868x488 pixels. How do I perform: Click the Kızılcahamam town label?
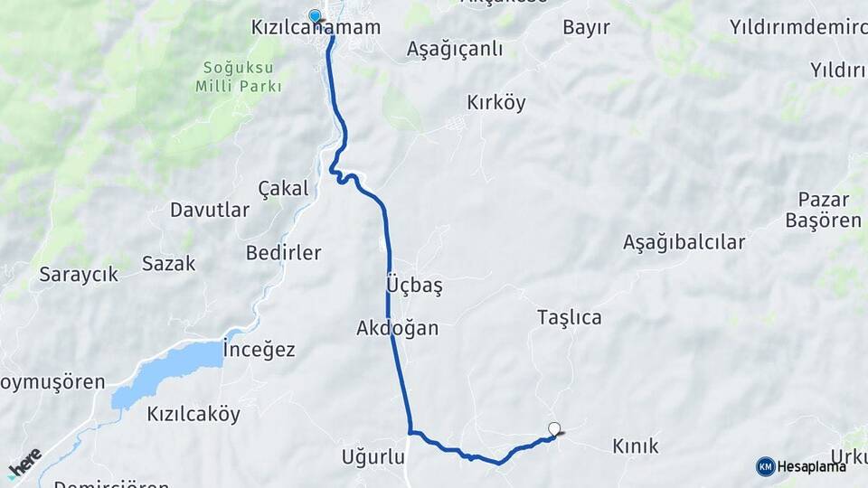(315, 28)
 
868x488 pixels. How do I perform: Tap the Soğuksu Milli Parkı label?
(239, 77)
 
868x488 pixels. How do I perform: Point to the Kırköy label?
(495, 103)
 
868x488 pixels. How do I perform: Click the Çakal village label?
(283, 189)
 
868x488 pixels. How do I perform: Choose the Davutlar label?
(210, 211)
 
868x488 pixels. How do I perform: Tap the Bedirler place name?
(283, 253)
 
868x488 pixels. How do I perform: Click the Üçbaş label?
(414, 286)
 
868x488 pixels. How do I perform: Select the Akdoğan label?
(397, 328)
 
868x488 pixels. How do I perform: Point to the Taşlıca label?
(569, 317)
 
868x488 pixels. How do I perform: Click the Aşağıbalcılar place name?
(684, 242)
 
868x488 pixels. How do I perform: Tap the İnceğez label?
(259, 350)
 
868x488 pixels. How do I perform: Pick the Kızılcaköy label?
(193, 415)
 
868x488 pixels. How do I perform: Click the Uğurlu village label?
(373, 457)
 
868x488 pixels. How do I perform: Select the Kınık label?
(636, 446)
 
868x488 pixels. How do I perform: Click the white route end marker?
(554, 429)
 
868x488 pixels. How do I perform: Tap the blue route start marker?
(315, 15)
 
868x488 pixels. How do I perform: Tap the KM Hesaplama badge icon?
(766, 466)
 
